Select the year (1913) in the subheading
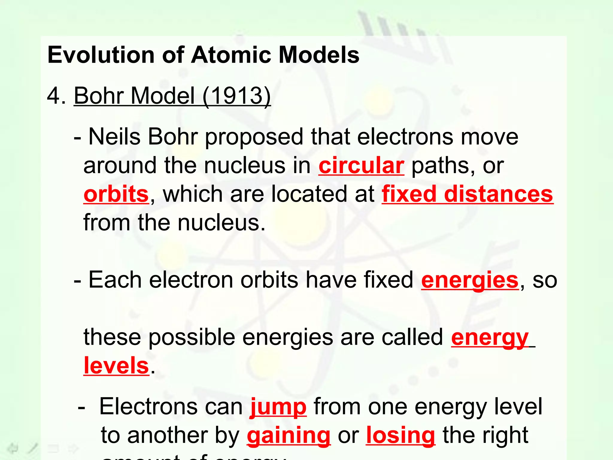[x=236, y=96]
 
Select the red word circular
[x=361, y=165]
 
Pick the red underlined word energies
[x=470, y=280]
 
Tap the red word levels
[x=116, y=366]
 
